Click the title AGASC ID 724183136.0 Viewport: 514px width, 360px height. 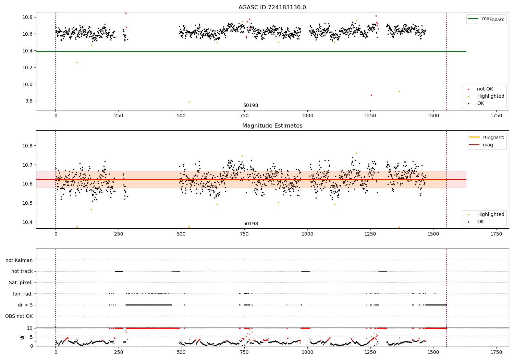click(x=272, y=8)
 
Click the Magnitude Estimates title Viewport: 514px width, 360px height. click(x=272, y=126)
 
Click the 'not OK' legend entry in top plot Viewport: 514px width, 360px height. click(x=485, y=89)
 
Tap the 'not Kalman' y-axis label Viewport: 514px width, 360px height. click(x=19, y=260)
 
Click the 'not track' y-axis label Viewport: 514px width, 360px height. click(x=22, y=271)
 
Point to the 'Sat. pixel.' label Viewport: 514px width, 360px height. click(x=21, y=283)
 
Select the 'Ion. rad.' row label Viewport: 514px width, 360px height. click(x=23, y=294)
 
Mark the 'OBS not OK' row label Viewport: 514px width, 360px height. click(x=19, y=316)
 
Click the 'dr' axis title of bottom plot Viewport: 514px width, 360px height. click(x=22, y=337)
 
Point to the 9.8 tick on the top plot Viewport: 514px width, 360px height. click(x=27, y=101)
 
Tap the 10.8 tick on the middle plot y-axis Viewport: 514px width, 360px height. click(x=27, y=146)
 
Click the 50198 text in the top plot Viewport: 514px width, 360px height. click(x=250, y=106)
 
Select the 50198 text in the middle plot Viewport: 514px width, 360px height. click(x=250, y=224)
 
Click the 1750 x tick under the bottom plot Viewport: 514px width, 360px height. click(x=496, y=352)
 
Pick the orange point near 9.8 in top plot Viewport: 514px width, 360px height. click(x=189, y=102)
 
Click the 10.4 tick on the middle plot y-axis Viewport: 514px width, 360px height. click(x=27, y=222)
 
